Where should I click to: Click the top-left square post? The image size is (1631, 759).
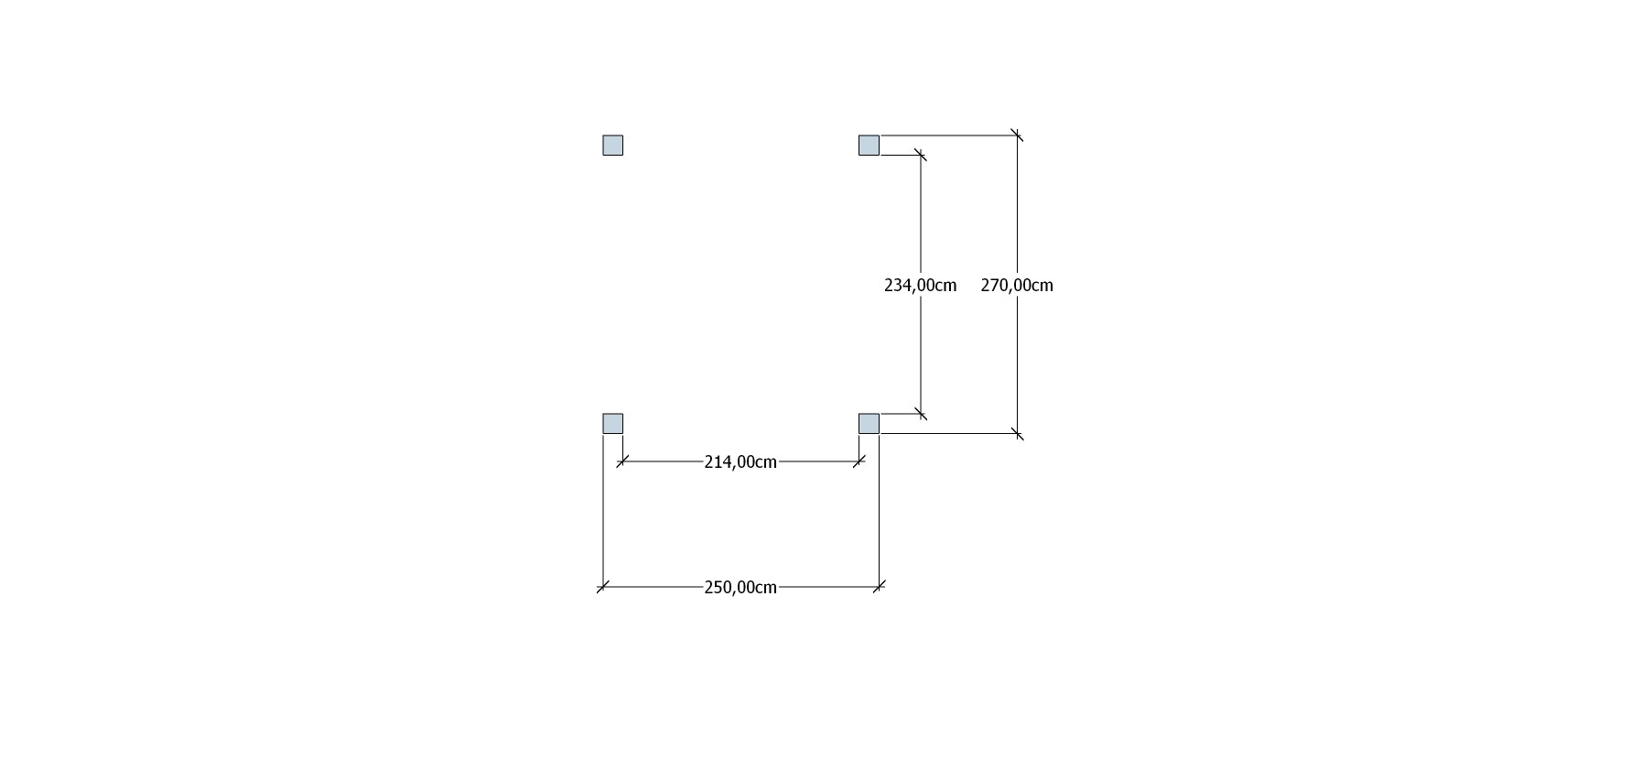coord(613,146)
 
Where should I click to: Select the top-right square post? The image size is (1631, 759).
coord(869,146)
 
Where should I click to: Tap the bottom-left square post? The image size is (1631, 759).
coord(613,423)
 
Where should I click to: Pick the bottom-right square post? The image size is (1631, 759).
coord(869,423)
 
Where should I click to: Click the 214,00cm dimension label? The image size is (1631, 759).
coord(740,462)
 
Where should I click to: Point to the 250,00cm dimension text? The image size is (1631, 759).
coord(740,588)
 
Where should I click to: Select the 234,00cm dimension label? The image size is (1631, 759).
coord(921,286)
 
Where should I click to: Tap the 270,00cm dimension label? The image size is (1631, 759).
coord(1017,286)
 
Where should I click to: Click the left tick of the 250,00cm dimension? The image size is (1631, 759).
coord(603,587)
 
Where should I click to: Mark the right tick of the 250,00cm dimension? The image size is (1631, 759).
coord(879,587)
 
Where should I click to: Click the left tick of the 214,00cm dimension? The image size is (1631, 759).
coord(622,461)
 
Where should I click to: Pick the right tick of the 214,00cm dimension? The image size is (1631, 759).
coord(859,461)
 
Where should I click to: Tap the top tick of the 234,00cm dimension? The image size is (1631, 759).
coord(921,155)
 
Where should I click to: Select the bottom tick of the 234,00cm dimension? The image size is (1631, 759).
coord(921,414)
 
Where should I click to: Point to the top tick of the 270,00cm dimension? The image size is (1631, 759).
coord(1017,136)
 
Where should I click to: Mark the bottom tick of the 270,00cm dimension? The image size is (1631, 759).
coord(1017,433)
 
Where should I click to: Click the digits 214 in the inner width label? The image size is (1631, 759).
coord(717,462)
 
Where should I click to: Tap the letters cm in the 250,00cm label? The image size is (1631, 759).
coord(767,588)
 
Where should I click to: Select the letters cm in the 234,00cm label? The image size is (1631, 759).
coord(946,286)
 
